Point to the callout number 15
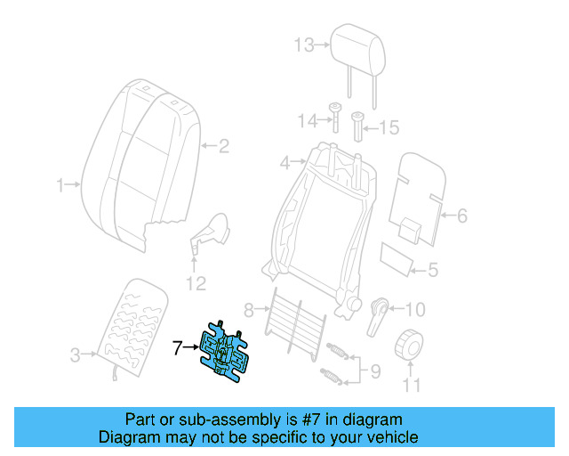[x=390, y=128]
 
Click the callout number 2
[x=224, y=146]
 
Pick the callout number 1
[x=60, y=185]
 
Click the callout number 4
[x=284, y=163]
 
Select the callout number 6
[x=461, y=215]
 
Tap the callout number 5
[x=433, y=270]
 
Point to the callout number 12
[x=196, y=284]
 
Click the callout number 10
[x=415, y=310]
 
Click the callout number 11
[x=411, y=386]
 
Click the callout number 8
[x=250, y=309]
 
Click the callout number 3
[x=75, y=354]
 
